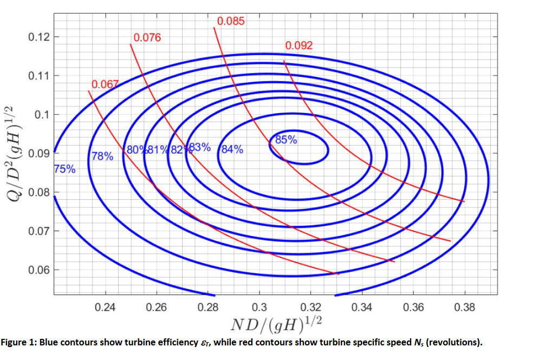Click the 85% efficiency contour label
pyautogui.click(x=286, y=140)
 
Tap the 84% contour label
pyautogui.click(x=232, y=149)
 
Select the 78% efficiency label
pyautogui.click(x=102, y=157)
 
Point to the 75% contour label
pyautogui.click(x=65, y=169)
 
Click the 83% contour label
pyautogui.click(x=199, y=148)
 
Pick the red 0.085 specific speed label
pyautogui.click(x=231, y=22)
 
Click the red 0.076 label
pyautogui.click(x=147, y=38)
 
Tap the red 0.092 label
pyautogui.click(x=299, y=45)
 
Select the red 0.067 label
pyautogui.click(x=105, y=84)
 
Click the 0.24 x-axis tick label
pyautogui.click(x=105, y=308)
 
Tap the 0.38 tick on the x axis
pyautogui.click(x=465, y=308)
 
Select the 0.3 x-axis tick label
pyautogui.click(x=260, y=308)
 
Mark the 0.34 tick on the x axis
pyautogui.click(x=362, y=308)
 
